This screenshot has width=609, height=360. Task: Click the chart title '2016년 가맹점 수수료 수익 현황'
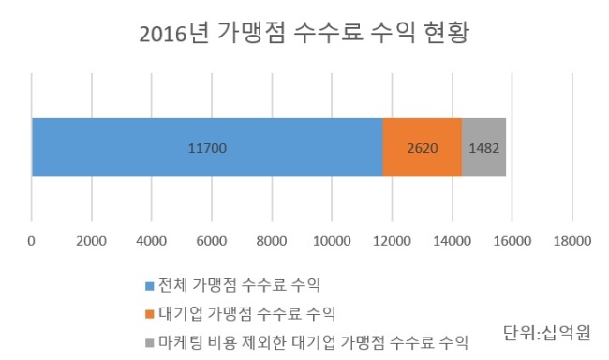[x=304, y=33]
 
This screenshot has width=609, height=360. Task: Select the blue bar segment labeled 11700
[x=207, y=147]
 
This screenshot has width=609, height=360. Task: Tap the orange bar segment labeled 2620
[x=423, y=147]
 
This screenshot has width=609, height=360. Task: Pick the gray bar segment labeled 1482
[x=484, y=147]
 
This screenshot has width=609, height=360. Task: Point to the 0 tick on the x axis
[x=31, y=241]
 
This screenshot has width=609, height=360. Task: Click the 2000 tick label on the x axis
[x=91, y=241]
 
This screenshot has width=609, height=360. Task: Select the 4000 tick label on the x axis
[x=152, y=241]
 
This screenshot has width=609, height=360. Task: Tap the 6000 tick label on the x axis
[x=212, y=241]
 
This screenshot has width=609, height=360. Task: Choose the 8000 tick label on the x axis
[x=272, y=241]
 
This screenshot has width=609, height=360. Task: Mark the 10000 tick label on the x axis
[x=332, y=241]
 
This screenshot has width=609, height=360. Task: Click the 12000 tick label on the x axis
[x=392, y=241]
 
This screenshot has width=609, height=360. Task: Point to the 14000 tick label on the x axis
[x=453, y=241]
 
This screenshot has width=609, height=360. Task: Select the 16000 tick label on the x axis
[x=512, y=241]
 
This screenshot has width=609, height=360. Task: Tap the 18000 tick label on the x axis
[x=572, y=241]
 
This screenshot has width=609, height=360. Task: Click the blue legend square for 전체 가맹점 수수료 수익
[x=150, y=286]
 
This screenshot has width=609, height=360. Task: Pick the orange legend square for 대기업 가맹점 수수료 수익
[x=150, y=314]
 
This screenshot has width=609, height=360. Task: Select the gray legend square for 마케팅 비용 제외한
[x=150, y=343]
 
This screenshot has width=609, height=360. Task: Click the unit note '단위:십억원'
[x=547, y=333]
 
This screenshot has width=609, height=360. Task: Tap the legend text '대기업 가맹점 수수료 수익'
[x=247, y=313]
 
